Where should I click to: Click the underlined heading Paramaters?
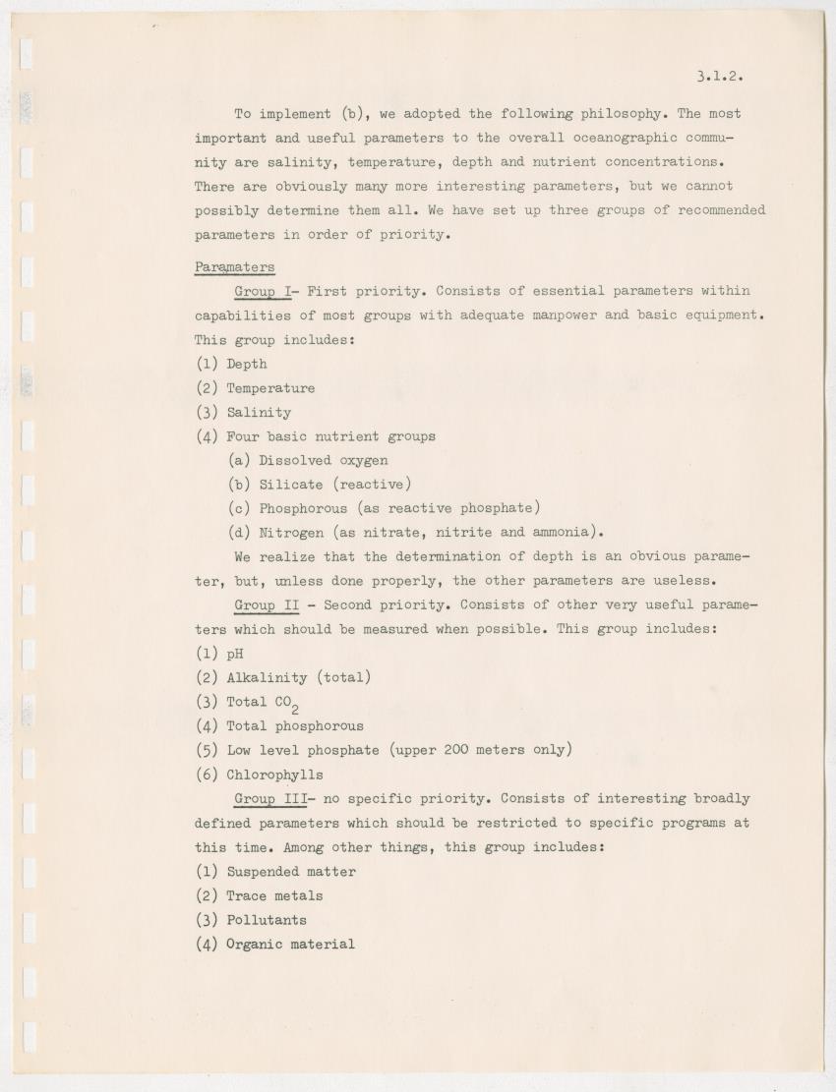[x=234, y=266]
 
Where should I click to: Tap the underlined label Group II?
[x=267, y=605]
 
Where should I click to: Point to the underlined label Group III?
[x=270, y=799]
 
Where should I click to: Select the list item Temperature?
[x=270, y=388]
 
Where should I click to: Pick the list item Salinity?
[x=259, y=413]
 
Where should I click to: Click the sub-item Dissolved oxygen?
[x=323, y=460]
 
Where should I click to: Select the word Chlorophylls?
[x=274, y=775]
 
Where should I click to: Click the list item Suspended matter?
[x=291, y=872]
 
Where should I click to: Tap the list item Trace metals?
[x=274, y=896]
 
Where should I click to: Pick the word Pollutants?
[x=267, y=920]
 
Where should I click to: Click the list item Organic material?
[x=290, y=945]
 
